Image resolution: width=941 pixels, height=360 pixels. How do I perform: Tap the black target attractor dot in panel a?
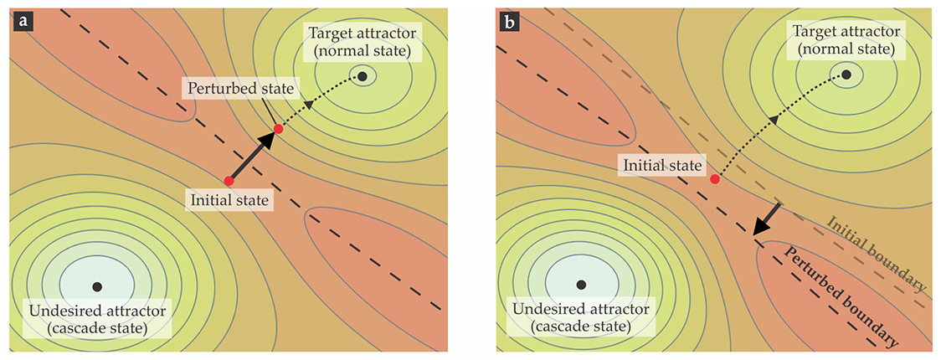point(363,76)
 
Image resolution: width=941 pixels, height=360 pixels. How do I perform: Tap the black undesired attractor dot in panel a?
point(97,286)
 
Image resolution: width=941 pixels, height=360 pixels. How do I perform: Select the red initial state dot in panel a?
point(229,180)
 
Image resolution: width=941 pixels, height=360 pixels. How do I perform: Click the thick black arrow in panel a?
point(254,156)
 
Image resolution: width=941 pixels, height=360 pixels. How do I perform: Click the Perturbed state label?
point(239,88)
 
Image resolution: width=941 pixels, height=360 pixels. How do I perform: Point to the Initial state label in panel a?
point(229,201)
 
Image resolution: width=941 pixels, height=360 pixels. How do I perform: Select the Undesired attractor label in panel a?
point(98,319)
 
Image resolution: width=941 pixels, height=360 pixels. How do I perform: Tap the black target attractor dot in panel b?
point(846,75)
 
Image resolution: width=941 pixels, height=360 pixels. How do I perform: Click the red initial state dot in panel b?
point(714,179)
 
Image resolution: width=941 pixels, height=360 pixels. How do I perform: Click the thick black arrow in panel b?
point(768,219)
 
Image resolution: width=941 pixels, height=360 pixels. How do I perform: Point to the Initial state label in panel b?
point(662,165)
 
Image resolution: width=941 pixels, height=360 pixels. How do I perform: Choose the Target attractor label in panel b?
point(846,41)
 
